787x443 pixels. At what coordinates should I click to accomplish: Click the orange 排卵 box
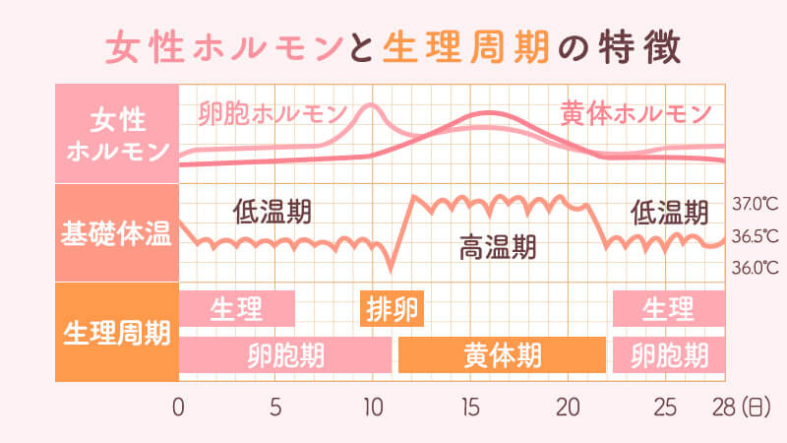pos(393,309)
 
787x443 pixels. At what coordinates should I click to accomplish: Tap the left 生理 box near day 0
pos(236,309)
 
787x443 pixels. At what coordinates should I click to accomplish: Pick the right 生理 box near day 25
pos(669,309)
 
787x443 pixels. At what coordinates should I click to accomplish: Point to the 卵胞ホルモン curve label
pos(272,113)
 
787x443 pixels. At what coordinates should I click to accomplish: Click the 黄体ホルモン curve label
pos(636,113)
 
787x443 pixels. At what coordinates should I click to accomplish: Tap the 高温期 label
pos(498,248)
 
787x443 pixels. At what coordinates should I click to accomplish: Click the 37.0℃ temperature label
pos(756,205)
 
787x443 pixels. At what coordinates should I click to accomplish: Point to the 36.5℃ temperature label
pos(756,236)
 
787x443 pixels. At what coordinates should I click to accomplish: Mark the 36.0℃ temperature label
pos(756,267)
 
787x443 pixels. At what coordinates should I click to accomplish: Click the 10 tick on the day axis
pos(372,406)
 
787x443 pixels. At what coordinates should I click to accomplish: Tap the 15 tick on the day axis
pos(469,406)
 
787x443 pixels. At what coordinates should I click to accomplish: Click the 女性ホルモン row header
pos(116,135)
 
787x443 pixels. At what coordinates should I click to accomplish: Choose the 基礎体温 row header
pos(116,234)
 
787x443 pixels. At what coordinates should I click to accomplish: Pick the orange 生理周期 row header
pos(116,332)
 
